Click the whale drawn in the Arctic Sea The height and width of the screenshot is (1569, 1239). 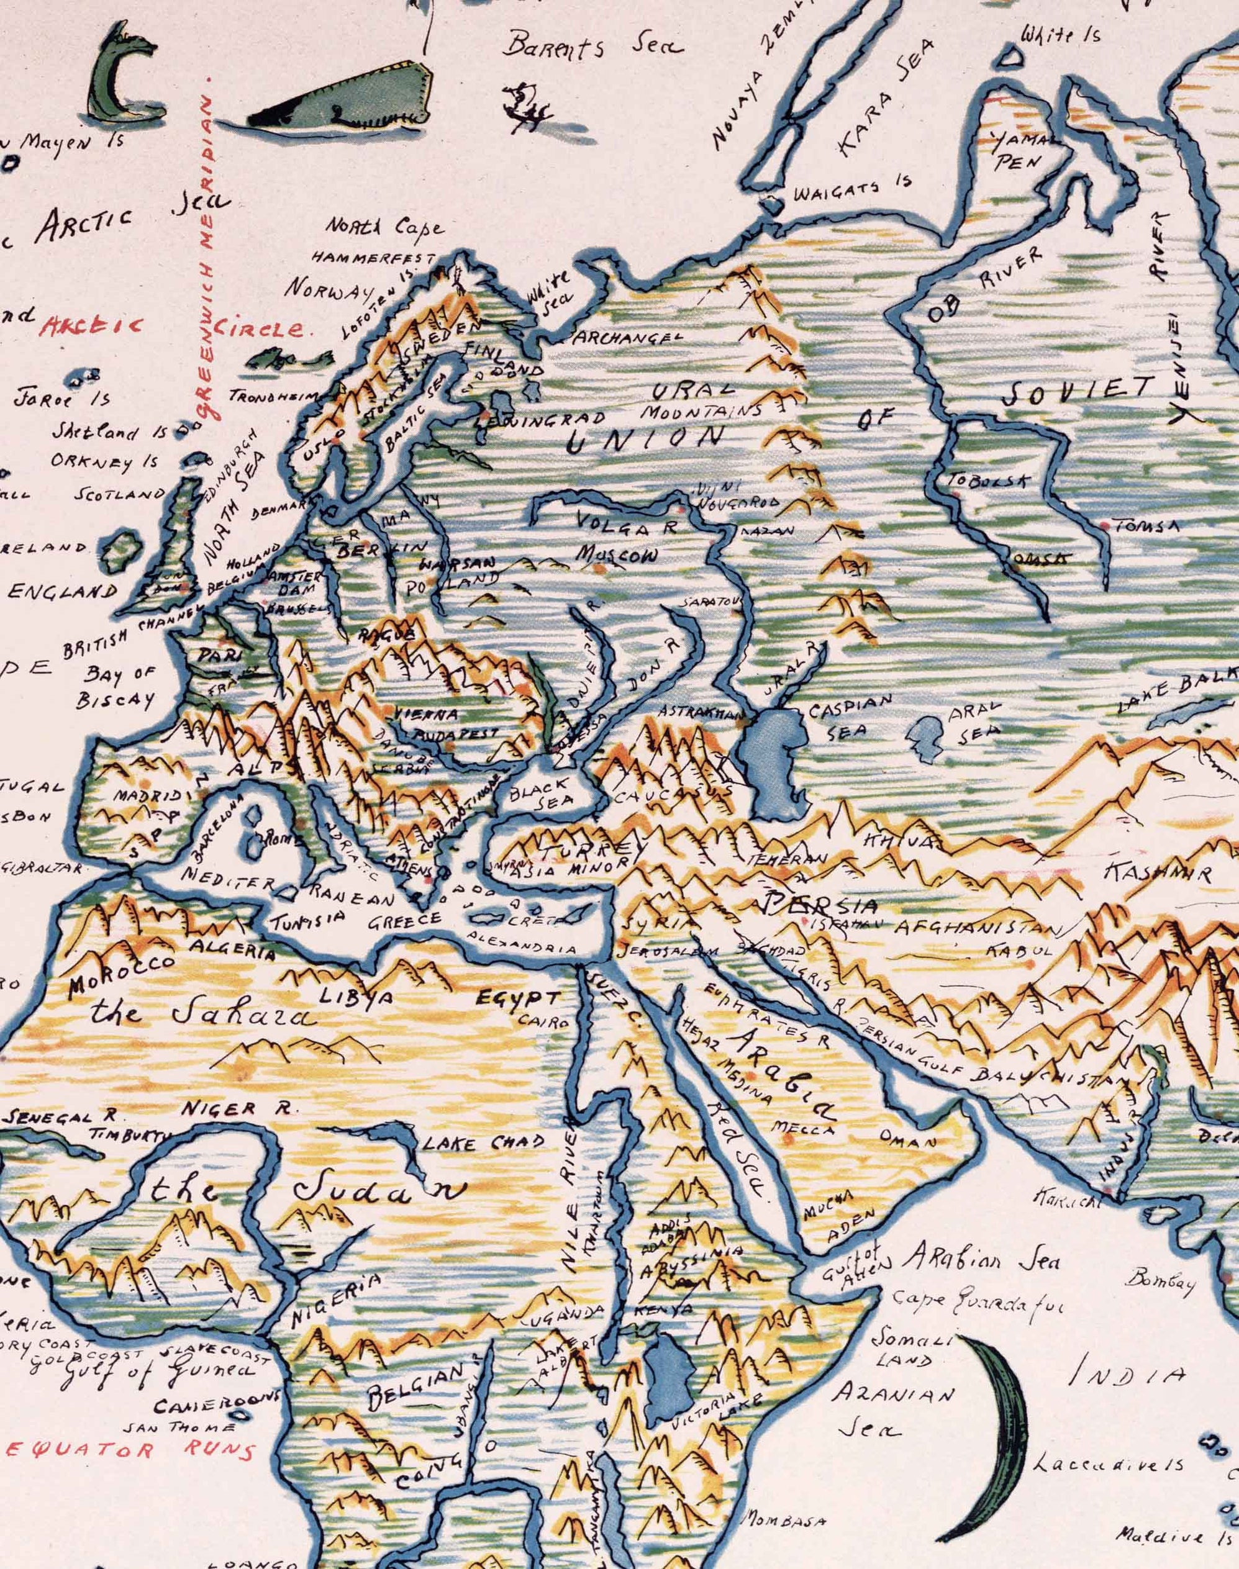[341, 101]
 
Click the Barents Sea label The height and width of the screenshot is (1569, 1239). [593, 45]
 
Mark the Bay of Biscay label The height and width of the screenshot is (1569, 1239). [120, 686]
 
